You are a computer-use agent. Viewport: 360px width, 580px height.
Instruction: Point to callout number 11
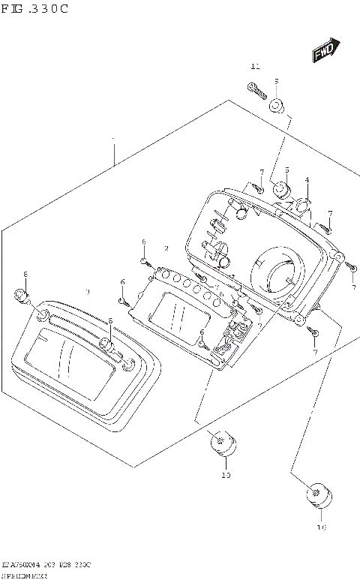pyautogui.click(x=254, y=67)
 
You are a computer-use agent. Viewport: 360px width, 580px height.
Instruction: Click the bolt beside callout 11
pyautogui.click(x=256, y=93)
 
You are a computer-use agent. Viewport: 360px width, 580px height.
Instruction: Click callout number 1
pyautogui.click(x=113, y=140)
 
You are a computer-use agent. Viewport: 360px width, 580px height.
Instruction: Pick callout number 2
pyautogui.click(x=166, y=248)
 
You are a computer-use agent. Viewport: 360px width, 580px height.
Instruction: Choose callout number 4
pyautogui.click(x=306, y=180)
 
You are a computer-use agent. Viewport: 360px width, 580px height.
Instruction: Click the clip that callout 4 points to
pyautogui.click(x=301, y=206)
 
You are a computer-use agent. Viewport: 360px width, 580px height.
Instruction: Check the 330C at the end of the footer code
pyautogui.click(x=82, y=563)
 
